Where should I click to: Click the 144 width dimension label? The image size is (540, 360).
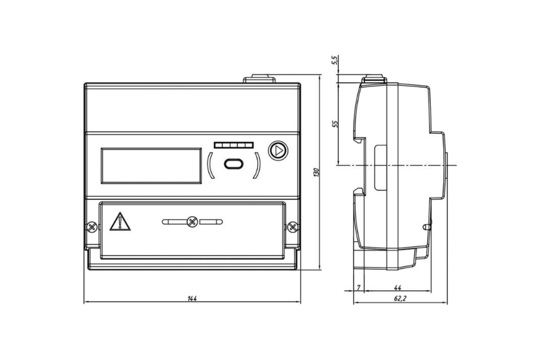tap(192, 298)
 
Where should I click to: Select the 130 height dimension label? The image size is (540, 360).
tap(316, 172)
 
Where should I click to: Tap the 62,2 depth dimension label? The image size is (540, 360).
tap(400, 298)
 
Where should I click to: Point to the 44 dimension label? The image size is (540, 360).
tap(397, 288)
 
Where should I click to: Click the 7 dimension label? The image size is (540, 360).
tap(359, 288)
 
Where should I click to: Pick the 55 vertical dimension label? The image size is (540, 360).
tap(335, 124)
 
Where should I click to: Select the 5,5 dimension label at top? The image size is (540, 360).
tap(335, 60)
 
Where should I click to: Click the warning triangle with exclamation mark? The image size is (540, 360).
tap(120, 222)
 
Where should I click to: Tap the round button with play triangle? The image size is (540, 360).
tap(278, 151)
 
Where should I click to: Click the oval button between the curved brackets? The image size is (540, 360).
tap(234, 164)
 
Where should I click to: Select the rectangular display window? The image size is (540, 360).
tap(151, 166)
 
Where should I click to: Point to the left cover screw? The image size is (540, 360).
tap(92, 227)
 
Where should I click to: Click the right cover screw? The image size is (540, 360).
tap(292, 227)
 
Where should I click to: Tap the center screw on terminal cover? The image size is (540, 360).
tap(192, 222)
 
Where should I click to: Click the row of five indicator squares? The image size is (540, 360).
tap(234, 145)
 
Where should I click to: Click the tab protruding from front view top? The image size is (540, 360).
tap(259, 79)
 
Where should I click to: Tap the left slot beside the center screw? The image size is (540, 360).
tap(175, 222)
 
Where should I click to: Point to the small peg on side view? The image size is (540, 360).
tap(427, 227)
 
